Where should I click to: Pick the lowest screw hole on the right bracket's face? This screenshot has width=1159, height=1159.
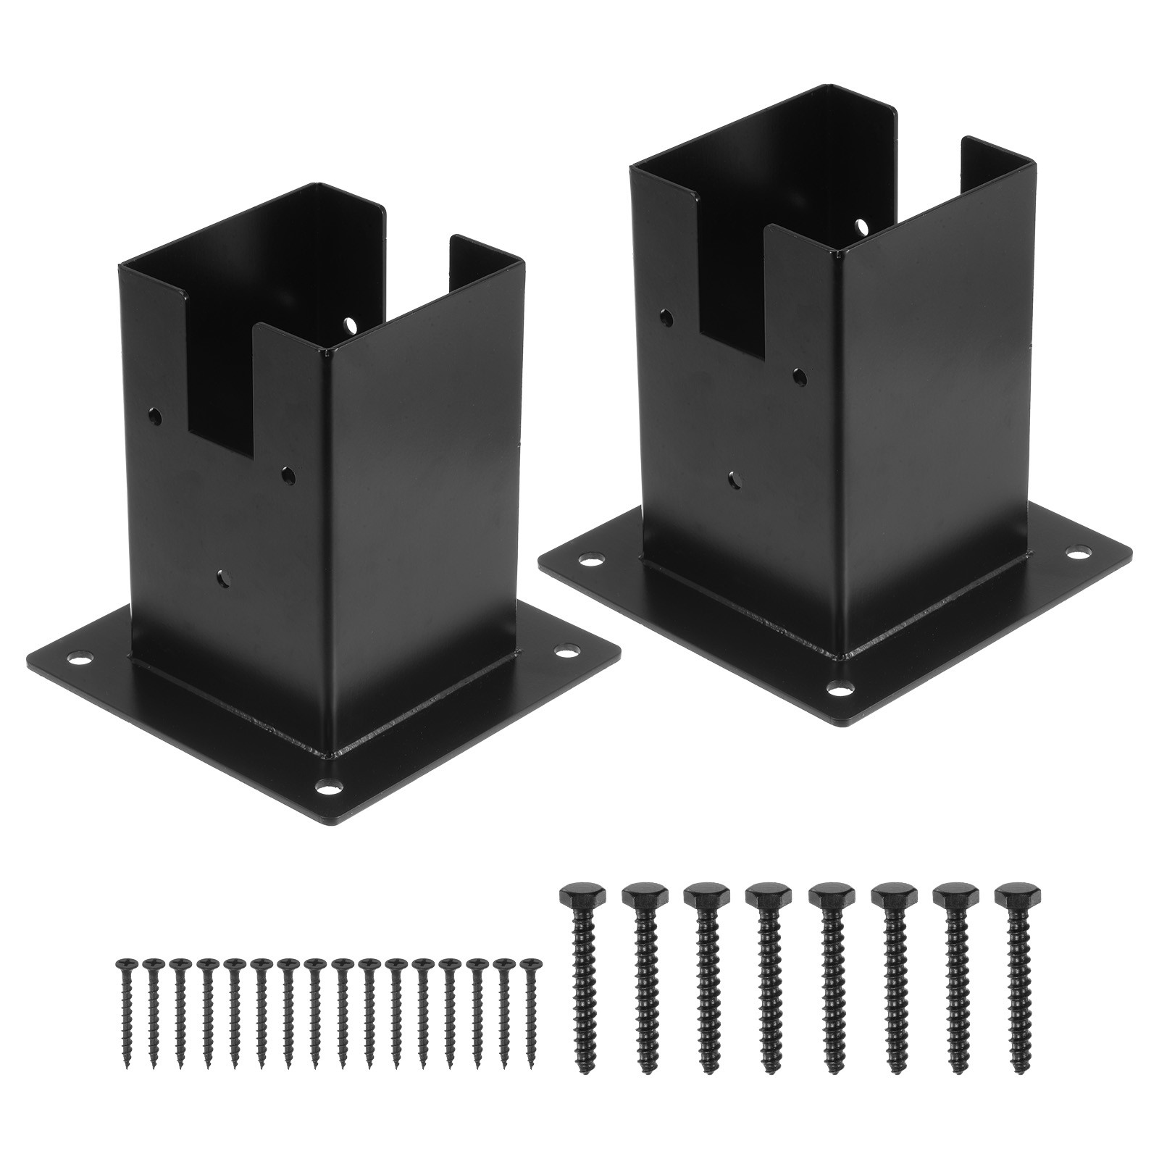736,479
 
